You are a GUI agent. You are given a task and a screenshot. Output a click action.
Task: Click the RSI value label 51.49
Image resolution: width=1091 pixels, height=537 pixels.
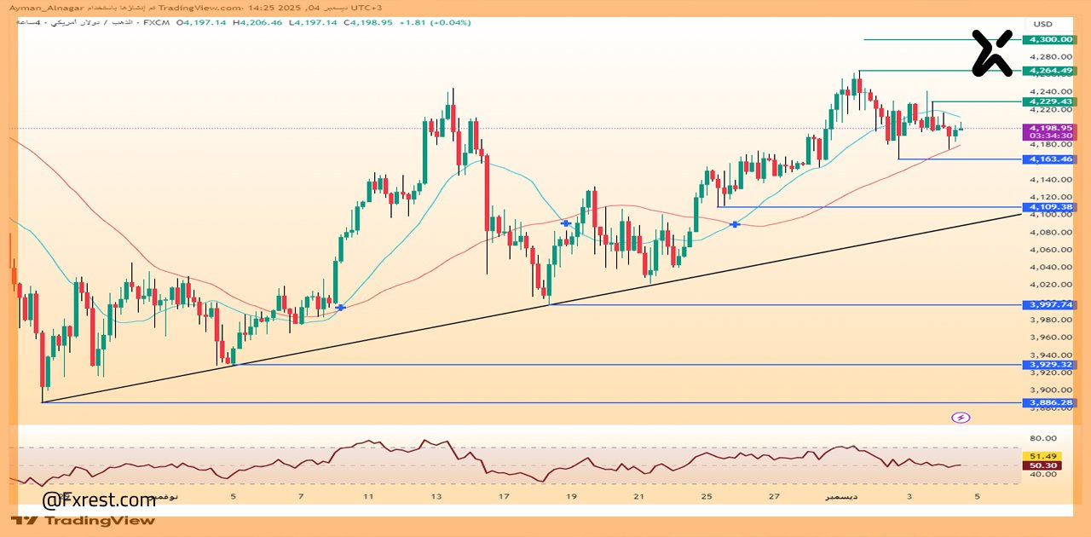pos(1045,456)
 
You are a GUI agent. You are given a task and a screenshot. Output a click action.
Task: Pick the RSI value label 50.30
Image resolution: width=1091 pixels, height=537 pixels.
pos(1045,465)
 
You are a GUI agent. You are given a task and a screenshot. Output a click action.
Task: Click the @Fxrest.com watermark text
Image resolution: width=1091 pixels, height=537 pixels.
pos(99,499)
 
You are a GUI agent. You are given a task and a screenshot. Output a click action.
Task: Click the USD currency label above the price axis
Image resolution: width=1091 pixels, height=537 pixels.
pos(1042,23)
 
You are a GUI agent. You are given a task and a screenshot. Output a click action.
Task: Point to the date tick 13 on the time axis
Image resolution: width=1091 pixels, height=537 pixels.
pos(436,496)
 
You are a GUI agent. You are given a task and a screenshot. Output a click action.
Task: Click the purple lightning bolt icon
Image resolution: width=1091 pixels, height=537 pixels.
pos(961,418)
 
